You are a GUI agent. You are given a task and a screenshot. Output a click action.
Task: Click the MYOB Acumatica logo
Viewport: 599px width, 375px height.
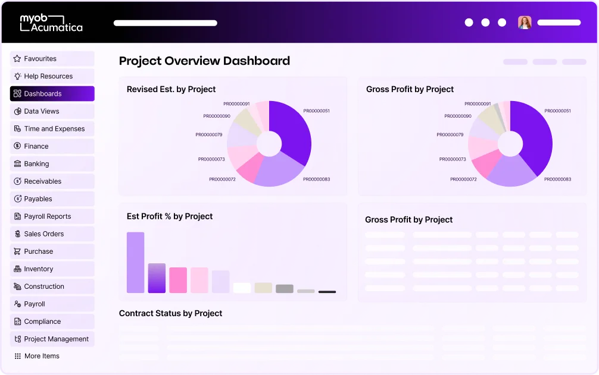pos(51,23)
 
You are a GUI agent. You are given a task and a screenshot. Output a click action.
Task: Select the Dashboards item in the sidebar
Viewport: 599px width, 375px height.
pos(52,94)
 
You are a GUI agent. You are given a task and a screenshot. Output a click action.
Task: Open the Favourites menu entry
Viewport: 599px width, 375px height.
pos(52,59)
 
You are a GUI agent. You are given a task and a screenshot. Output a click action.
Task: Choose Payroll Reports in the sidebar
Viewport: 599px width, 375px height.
pos(52,216)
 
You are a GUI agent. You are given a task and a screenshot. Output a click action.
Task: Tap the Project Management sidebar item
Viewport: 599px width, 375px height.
pos(52,339)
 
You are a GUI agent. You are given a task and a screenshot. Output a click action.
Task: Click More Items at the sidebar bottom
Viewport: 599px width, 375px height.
pos(42,356)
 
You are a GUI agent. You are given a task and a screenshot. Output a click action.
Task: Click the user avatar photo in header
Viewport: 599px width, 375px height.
pos(525,23)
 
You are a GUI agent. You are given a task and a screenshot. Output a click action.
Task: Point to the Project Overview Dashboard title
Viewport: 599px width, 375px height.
pos(204,61)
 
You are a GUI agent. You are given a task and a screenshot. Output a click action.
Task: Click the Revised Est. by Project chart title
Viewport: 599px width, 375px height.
pos(171,89)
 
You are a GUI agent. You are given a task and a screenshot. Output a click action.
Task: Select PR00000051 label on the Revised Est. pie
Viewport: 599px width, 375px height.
pos(316,111)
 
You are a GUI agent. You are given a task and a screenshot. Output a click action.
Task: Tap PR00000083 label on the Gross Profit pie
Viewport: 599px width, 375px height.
pos(557,179)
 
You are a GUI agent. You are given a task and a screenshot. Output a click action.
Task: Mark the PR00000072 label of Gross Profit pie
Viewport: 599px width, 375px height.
pos(463,179)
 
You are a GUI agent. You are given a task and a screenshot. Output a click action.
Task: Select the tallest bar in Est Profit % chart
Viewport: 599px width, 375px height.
pos(136,262)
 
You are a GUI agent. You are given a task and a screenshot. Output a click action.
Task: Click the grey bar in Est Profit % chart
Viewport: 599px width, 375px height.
pos(285,289)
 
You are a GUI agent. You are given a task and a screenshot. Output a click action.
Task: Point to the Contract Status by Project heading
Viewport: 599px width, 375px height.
pos(170,313)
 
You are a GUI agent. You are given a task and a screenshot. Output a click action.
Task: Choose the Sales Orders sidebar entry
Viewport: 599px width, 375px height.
pos(52,234)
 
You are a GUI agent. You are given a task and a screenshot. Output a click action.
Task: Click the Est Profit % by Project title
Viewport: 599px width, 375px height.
pos(170,216)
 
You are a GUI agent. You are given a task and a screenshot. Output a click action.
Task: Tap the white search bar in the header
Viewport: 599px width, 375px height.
pos(166,23)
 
